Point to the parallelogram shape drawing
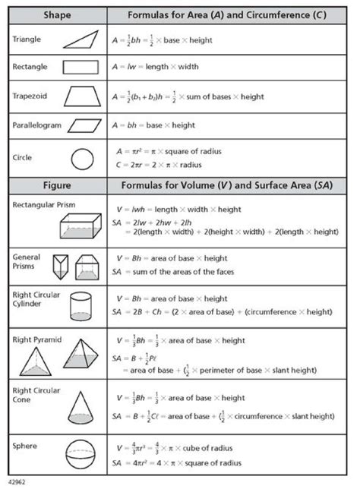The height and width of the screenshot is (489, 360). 84,125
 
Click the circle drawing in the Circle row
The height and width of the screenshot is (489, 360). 81,159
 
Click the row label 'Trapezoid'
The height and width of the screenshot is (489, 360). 31,96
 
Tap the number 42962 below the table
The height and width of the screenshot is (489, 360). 17,482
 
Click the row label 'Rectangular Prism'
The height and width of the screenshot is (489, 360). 42,204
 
